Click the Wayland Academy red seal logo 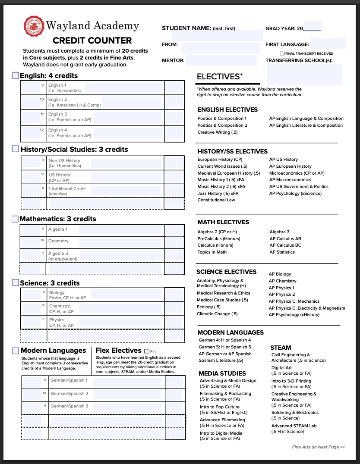(34, 26)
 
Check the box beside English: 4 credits (16, 76)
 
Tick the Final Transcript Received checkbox (282, 53)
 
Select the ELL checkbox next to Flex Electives (147, 351)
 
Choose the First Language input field (328, 44)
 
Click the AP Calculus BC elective (285, 245)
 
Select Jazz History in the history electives (218, 193)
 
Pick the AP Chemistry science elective (282, 281)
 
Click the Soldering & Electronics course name (295, 413)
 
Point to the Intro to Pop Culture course (219, 407)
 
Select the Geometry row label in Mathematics (58, 241)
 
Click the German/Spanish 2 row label (69, 394)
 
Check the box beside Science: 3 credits (16, 283)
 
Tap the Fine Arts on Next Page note (318, 447)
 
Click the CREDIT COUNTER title (92, 41)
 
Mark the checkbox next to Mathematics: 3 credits (16, 219)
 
